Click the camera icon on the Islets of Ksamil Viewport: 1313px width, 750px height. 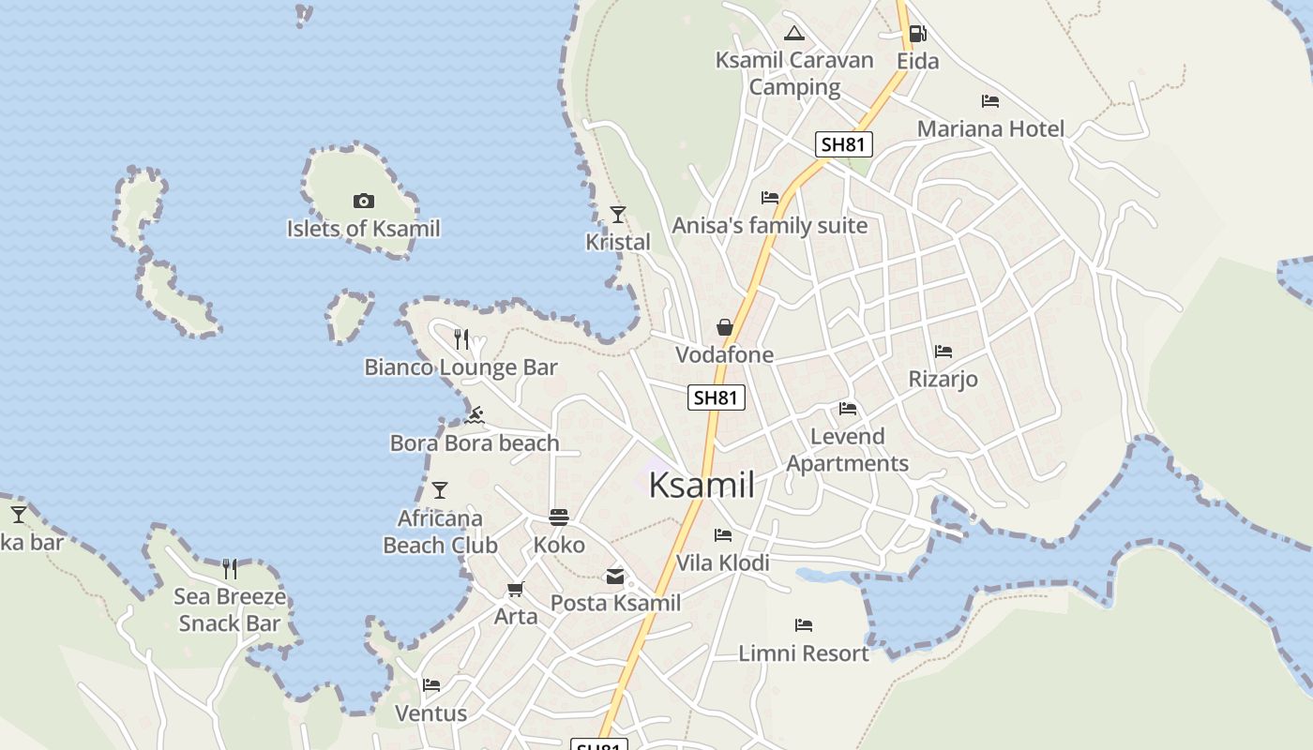coord(363,201)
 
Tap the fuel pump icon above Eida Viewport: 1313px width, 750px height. coord(917,34)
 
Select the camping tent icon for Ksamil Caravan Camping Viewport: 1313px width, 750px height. coord(794,34)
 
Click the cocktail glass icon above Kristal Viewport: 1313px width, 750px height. coord(617,215)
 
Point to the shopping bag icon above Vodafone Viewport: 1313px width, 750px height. coord(725,327)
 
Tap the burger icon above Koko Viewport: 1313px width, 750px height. coord(559,517)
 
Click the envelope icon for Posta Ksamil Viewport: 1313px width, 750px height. coord(615,577)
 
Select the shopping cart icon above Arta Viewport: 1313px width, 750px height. coord(515,589)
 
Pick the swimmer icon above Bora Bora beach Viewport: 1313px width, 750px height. coord(475,415)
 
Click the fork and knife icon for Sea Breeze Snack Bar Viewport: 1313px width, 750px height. coord(229,569)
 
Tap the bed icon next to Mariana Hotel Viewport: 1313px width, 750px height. coord(989,101)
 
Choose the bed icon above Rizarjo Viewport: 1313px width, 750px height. coord(943,352)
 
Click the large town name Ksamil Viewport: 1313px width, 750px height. coord(702,485)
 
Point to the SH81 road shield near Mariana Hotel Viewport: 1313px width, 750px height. coord(844,144)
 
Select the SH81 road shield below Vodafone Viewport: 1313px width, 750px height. coord(716,397)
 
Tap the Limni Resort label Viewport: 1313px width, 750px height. coord(804,653)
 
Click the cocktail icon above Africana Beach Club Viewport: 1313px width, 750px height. coord(439,490)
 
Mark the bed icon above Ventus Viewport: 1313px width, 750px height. coord(431,685)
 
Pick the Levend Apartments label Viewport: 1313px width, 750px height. coord(847,450)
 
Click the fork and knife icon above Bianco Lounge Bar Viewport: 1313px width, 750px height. coord(460,338)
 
